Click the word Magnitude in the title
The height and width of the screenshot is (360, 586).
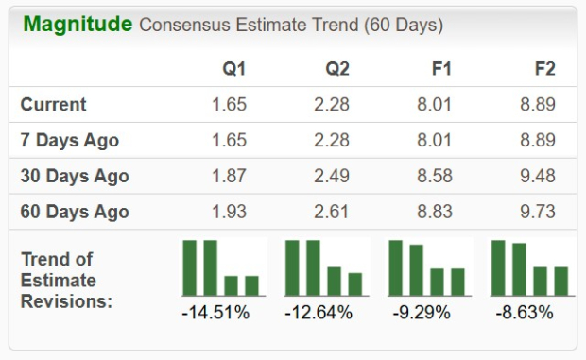[78, 24]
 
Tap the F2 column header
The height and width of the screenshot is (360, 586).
[544, 69]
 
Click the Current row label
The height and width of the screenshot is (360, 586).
[53, 105]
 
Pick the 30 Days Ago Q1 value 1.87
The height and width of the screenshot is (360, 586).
[229, 176]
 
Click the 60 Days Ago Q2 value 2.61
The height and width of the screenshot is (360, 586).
[332, 212]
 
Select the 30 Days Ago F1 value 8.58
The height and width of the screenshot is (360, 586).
[435, 176]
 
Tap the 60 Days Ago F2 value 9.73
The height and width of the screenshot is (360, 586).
[537, 212]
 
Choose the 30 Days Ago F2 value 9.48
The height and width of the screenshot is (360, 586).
[537, 176]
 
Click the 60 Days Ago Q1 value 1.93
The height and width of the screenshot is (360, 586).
[229, 212]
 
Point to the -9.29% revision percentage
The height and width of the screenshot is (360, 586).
[427, 312]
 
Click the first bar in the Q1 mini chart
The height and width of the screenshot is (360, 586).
[189, 268]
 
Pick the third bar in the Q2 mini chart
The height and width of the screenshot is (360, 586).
[334, 282]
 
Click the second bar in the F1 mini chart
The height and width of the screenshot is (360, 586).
[416, 270]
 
